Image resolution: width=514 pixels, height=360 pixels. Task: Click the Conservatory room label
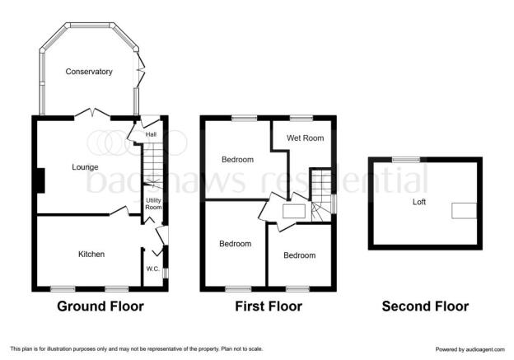[x=89, y=72]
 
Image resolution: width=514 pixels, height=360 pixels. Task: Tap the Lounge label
[x=85, y=167]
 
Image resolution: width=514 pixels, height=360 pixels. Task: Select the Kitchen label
[x=91, y=254]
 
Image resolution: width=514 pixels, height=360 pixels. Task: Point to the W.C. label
[x=152, y=269]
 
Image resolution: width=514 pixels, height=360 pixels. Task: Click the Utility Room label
[x=153, y=203]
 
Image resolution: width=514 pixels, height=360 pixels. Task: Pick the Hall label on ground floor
[x=151, y=134]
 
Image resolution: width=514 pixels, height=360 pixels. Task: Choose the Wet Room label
[x=305, y=138]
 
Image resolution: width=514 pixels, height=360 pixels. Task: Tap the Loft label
[x=419, y=202]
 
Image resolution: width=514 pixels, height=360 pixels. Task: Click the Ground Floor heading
[x=100, y=306]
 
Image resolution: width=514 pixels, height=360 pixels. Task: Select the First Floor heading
[x=269, y=306]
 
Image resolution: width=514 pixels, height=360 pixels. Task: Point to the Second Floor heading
[x=425, y=306]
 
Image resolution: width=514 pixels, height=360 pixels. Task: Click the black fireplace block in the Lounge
[x=40, y=180]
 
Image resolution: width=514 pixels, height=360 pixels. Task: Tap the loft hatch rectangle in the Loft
[x=465, y=211]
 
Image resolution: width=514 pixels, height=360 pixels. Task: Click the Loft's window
[x=406, y=160]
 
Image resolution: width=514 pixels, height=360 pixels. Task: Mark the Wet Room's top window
[x=301, y=118]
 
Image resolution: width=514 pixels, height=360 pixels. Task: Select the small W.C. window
[x=166, y=274]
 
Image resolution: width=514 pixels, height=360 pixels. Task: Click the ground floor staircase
[x=153, y=166]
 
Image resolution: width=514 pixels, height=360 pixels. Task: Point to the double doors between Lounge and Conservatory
[x=92, y=113]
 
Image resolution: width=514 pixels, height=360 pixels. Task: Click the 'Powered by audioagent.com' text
[x=470, y=349]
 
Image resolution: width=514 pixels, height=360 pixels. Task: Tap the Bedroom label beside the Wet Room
[x=238, y=160]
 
